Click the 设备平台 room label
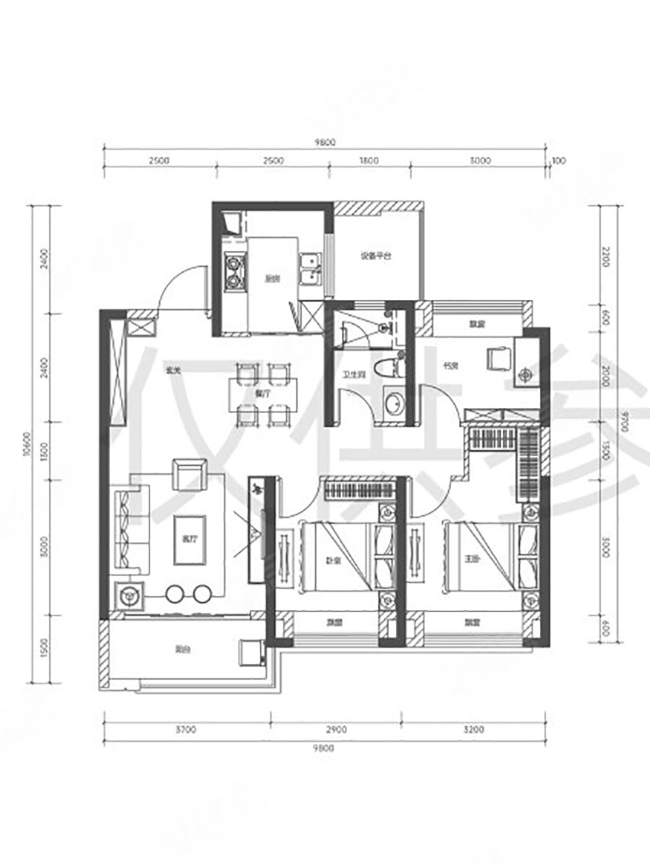point(376,256)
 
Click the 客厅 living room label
point(189,539)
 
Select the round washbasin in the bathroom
point(393,405)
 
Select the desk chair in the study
point(499,357)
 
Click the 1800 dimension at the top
point(369,160)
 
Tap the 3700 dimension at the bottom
point(186,730)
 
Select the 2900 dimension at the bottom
point(336,730)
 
